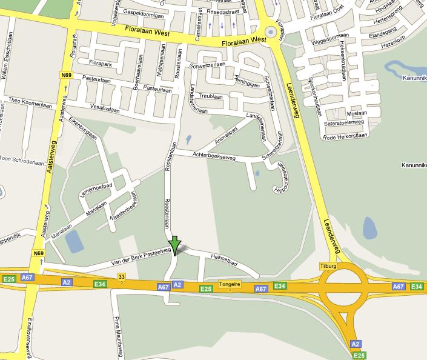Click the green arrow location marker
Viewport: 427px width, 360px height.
click(x=174, y=244)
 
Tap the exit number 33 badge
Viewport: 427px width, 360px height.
click(x=122, y=278)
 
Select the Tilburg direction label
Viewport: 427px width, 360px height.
click(x=328, y=267)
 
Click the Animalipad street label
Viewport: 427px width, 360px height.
click(x=223, y=138)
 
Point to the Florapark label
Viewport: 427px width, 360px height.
click(x=101, y=62)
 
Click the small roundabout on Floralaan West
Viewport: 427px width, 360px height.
click(x=270, y=33)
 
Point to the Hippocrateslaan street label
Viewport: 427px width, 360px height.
click(x=281, y=172)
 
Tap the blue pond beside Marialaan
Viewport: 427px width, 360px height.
click(x=73, y=241)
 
